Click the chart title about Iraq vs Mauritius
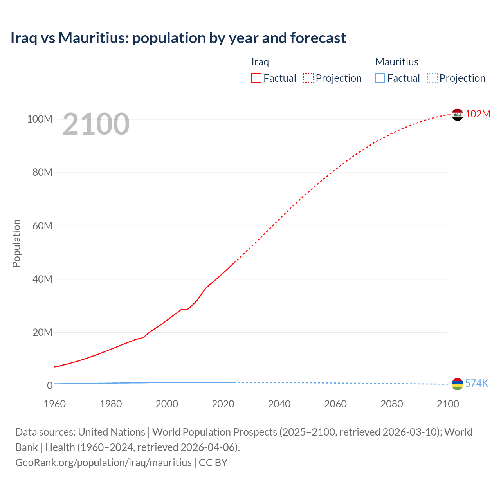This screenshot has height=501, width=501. pos(178,38)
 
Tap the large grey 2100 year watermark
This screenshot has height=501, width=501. pos(96,124)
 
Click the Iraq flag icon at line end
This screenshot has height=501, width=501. pos(457,115)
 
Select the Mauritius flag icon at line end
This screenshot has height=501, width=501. pos(457,384)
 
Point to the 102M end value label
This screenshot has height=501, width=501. pos(478,114)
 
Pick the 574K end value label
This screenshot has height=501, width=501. pos(476,383)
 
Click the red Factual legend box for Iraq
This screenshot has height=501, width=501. pos(256,78)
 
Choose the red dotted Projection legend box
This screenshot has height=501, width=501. pos(308,78)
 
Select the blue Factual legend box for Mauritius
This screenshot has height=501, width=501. pos(380,78)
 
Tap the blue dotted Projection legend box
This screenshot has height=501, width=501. pos(433,78)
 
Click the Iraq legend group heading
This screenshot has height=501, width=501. pos(260,62)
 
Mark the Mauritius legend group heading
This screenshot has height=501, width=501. pos(396,62)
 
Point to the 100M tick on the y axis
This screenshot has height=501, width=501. pos(40,119)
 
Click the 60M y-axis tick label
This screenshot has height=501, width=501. pos(42,226)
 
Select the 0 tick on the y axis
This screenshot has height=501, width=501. pos(50,386)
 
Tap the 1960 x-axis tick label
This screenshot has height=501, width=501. pos(54,404)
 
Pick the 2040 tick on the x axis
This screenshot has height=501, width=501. pos(279,404)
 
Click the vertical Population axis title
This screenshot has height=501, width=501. pos(16,243)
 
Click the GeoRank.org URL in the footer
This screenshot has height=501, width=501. pos(103,463)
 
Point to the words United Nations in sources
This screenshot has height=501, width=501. pos(112,432)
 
